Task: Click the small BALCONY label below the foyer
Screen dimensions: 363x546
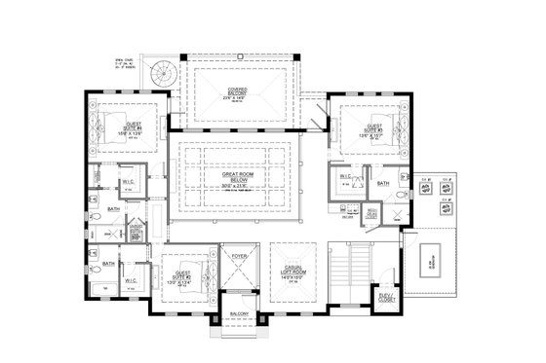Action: [x=239, y=312]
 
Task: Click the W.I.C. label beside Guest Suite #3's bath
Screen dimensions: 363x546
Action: [x=344, y=176]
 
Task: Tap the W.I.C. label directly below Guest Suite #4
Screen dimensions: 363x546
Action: [x=129, y=181]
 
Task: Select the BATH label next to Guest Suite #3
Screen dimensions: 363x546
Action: [x=382, y=181]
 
